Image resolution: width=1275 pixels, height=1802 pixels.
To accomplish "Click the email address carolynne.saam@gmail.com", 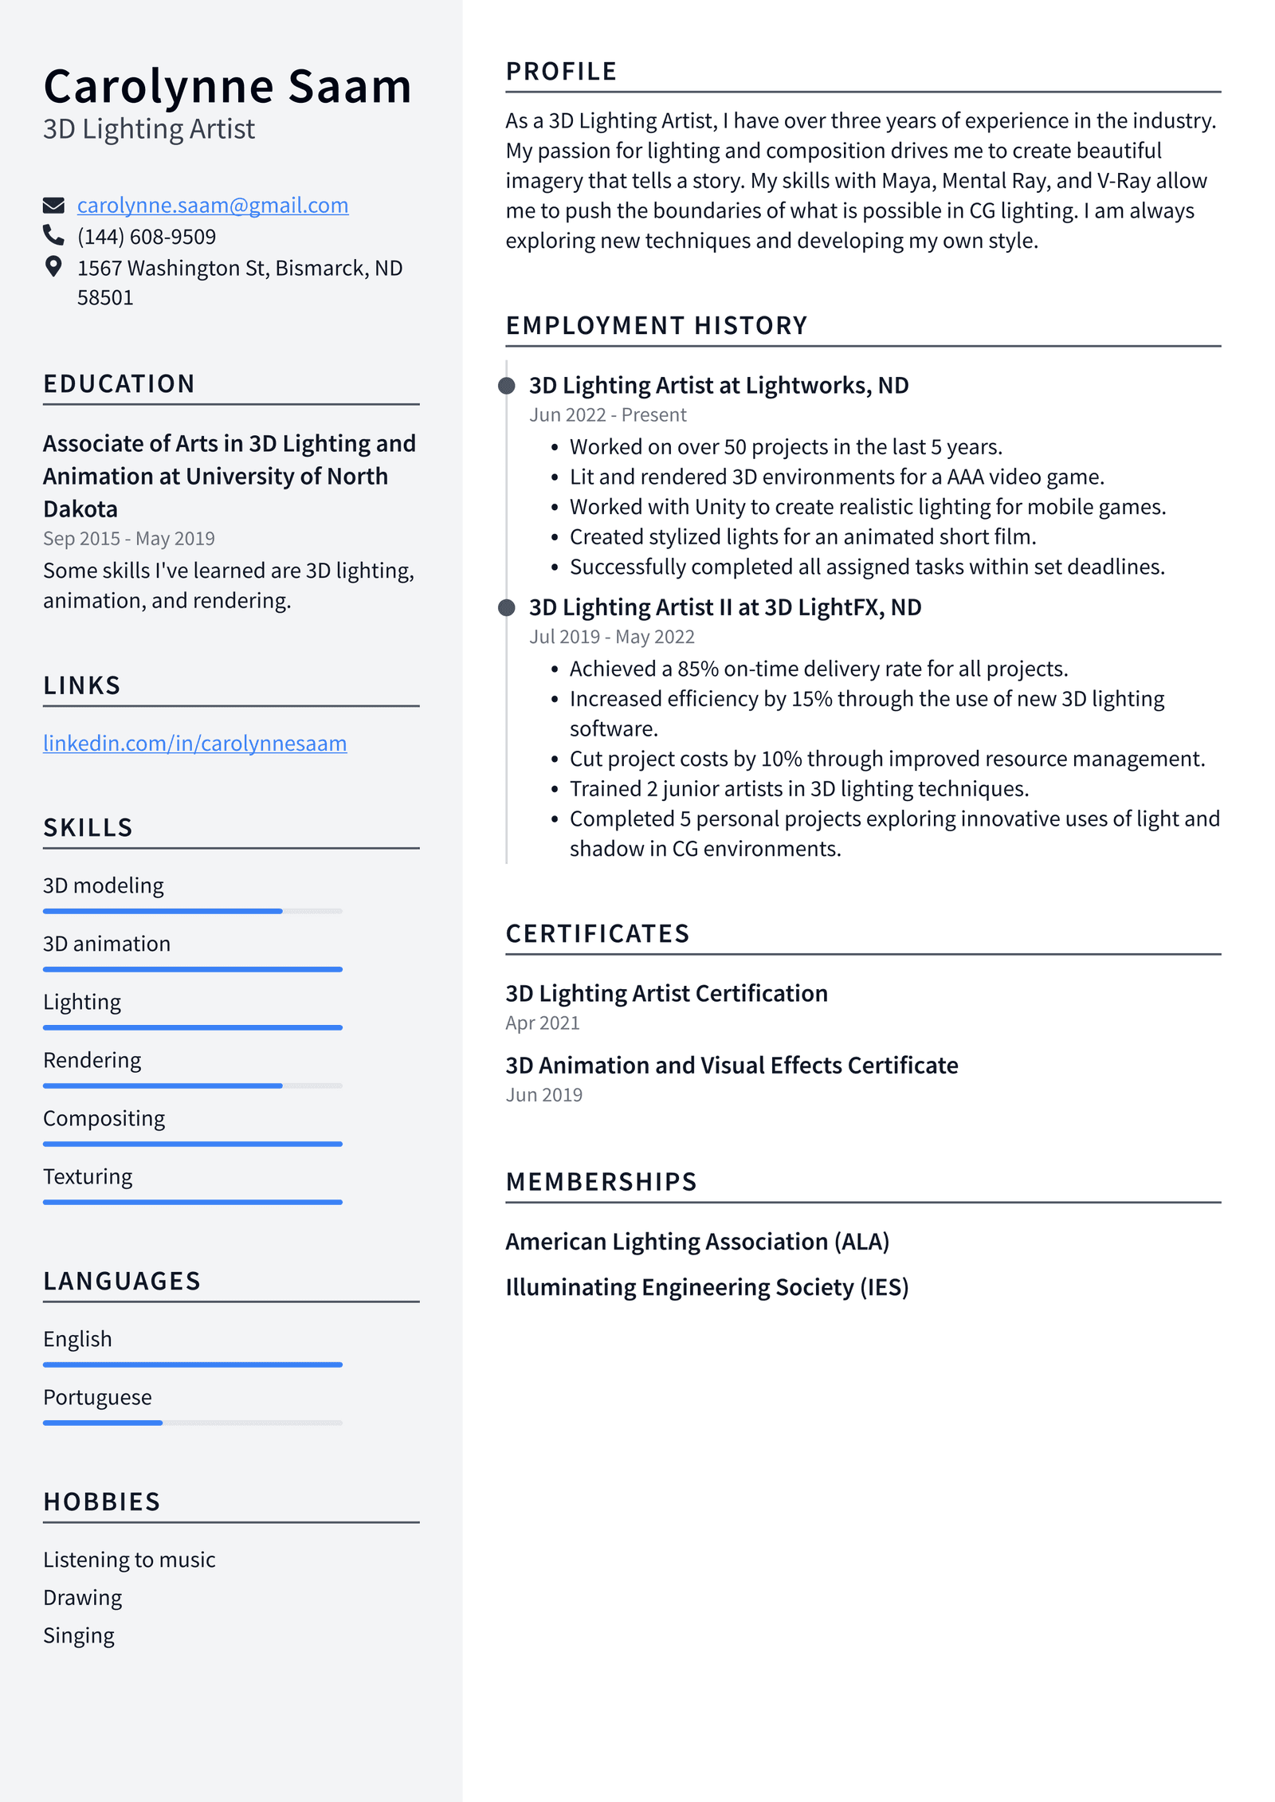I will [212, 206].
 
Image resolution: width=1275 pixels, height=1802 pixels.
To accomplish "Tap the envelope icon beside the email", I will [53, 206].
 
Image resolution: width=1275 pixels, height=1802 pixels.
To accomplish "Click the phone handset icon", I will [53, 235].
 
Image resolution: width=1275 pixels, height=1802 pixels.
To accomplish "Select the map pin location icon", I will [53, 267].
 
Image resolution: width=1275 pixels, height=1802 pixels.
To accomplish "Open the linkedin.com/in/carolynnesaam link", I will [194, 743].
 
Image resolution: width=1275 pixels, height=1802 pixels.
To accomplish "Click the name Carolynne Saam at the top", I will [227, 86].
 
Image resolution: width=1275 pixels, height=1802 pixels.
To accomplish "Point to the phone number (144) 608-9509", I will [147, 237].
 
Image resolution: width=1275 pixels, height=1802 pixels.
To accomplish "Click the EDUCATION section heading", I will [119, 384].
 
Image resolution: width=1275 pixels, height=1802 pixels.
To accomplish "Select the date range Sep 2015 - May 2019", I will [129, 539].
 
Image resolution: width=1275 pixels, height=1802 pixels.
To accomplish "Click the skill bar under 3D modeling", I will [192, 911].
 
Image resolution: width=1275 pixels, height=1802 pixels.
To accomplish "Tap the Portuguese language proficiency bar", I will [192, 1423].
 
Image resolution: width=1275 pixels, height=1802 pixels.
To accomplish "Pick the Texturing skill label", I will [88, 1176].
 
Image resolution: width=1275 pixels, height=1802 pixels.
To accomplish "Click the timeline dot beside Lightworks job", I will [506, 387].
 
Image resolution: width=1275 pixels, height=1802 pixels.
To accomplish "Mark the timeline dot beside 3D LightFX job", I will [506, 608].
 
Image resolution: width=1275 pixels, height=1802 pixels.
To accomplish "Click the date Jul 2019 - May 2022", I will [612, 637].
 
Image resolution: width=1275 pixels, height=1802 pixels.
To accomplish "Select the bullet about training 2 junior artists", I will [799, 789].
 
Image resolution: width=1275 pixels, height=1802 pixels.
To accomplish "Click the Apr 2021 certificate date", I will [543, 1023].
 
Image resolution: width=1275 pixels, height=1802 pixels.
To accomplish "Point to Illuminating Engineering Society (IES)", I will [707, 1287].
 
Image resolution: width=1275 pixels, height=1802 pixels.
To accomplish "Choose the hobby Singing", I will [79, 1635].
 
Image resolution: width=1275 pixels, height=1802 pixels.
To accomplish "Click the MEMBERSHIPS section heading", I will [601, 1182].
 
